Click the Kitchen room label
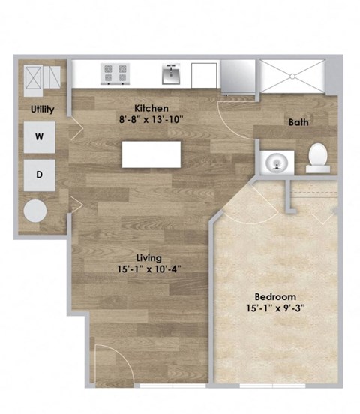point(151,107)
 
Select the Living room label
point(148,258)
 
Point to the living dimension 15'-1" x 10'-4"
point(148,270)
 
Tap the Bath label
point(299,122)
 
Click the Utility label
point(42,109)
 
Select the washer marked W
point(39,137)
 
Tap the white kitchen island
point(150,155)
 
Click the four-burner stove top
point(115,73)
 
